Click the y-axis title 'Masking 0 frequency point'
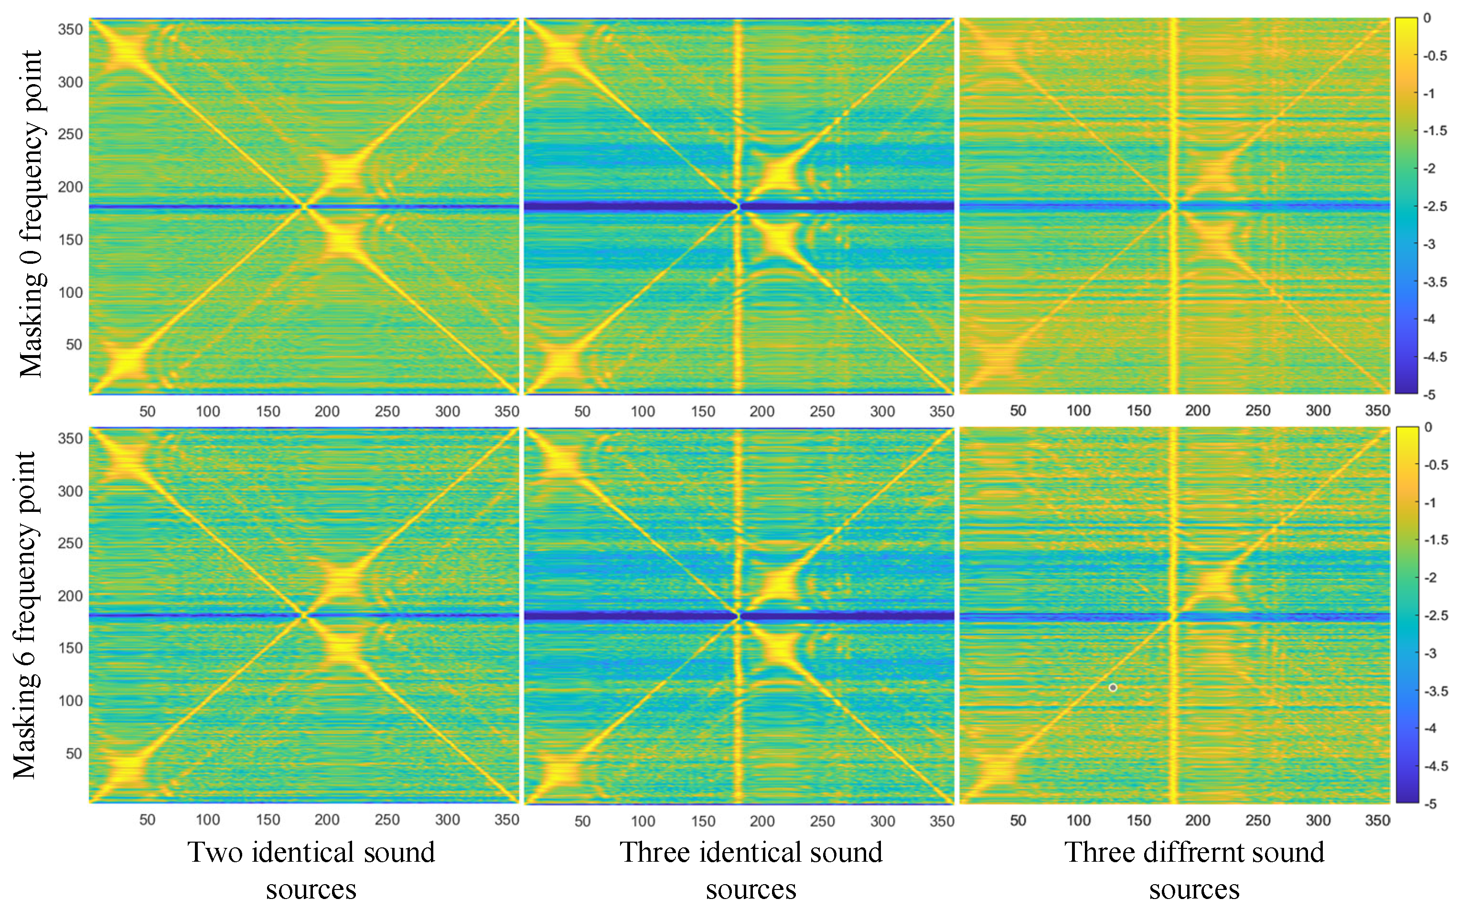(x=30, y=214)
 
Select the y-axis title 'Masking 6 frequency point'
(x=25, y=615)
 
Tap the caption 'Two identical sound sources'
(x=311, y=870)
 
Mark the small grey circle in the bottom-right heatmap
(x=1113, y=687)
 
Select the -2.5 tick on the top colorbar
(x=1435, y=206)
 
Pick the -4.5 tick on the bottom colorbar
(x=1436, y=766)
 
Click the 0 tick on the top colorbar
(x=1427, y=18)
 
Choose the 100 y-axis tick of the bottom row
(x=70, y=701)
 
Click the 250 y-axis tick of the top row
(x=70, y=134)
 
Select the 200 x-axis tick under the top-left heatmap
(x=327, y=411)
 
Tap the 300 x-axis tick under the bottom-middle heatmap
(x=882, y=821)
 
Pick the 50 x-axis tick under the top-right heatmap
(x=1018, y=411)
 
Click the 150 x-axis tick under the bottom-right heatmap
(x=1138, y=820)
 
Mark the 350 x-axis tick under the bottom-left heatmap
(x=506, y=820)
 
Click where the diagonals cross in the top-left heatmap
(x=304, y=206)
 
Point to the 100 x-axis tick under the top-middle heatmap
(x=643, y=411)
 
